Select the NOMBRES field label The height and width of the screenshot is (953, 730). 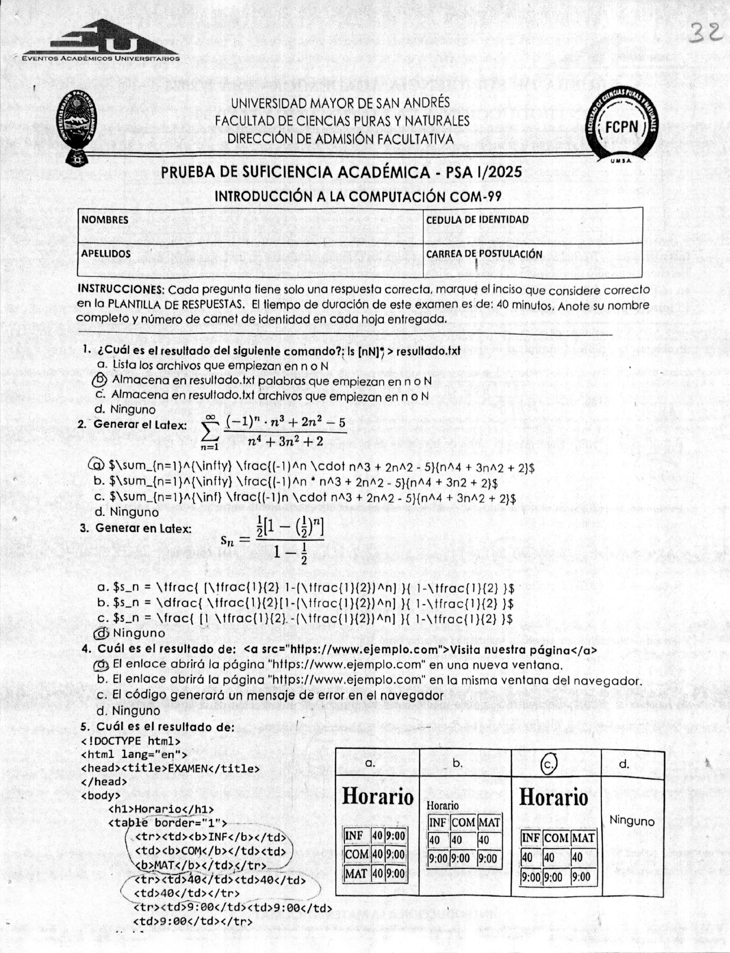coord(105,220)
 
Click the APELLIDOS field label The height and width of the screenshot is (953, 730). coord(106,253)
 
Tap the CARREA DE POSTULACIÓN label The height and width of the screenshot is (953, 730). coord(484,254)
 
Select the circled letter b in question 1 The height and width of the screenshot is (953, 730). coord(100,380)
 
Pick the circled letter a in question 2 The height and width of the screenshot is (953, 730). coord(96,465)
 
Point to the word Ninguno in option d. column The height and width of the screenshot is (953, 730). coord(632,821)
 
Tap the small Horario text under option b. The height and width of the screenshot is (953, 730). coord(442,806)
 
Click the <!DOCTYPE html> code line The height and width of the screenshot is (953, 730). coord(130,741)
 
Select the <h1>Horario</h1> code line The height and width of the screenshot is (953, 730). coord(161,809)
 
